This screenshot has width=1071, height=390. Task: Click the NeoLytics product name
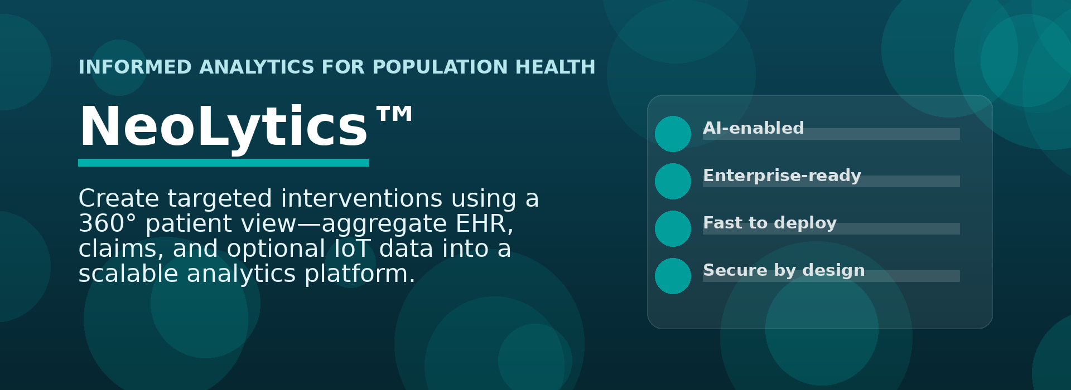[223, 127]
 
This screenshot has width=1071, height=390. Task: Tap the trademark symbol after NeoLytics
[394, 114]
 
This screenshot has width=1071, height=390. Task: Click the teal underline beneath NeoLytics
[223, 163]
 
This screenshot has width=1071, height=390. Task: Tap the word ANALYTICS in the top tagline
[257, 67]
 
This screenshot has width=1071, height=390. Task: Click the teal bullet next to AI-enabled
[673, 134]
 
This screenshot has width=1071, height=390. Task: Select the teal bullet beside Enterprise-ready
[673, 181]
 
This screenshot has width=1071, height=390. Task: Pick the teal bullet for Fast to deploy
[673, 228]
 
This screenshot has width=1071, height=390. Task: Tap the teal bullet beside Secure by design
[673, 276]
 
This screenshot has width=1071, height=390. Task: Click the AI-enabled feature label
[753, 128]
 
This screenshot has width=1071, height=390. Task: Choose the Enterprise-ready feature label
[782, 176]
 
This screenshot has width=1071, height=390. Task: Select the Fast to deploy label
[770, 223]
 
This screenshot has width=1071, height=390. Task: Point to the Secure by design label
[784, 271]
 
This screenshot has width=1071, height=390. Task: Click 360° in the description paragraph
[107, 223]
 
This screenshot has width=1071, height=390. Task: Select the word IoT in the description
[353, 249]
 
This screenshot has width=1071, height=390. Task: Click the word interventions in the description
[362, 199]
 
